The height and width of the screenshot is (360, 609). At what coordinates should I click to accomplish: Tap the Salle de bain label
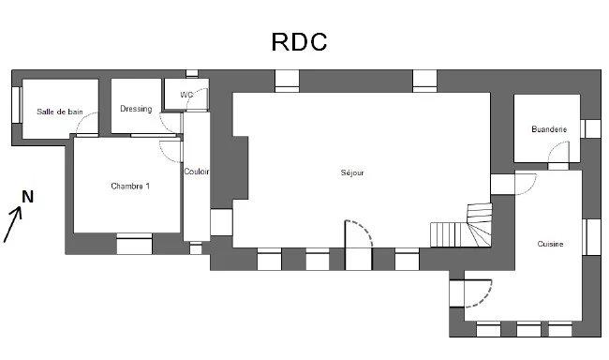point(60,112)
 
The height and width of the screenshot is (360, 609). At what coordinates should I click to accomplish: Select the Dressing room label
point(136,109)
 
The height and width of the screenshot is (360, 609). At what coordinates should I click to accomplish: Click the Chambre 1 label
point(130,186)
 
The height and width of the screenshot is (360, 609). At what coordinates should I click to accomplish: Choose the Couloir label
point(197,172)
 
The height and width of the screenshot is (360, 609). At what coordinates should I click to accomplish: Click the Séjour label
point(352,172)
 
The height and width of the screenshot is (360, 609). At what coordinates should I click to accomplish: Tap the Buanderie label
point(548,129)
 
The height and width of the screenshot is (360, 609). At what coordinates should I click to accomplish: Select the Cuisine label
point(550,244)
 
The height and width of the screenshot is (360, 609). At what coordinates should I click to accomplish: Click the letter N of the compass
point(28,196)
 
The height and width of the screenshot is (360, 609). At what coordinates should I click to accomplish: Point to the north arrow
point(13,225)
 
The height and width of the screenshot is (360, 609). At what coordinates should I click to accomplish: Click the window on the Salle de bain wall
point(16,104)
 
